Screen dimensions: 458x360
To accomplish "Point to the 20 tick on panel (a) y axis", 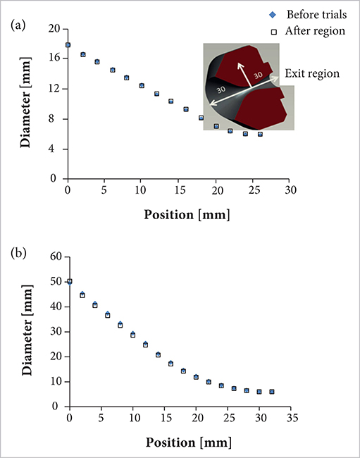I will pyautogui.click(x=56, y=29).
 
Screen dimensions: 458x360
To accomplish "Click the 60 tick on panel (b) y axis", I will pyautogui.click(x=56, y=256).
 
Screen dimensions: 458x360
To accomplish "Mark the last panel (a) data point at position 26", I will pyautogui.click(x=260, y=134).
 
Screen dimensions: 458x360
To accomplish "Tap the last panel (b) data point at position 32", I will pyautogui.click(x=272, y=392).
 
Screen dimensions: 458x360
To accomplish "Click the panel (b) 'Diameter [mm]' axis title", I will pyautogui.click(x=26, y=332).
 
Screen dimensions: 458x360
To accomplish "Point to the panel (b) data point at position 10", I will pyautogui.click(x=132, y=335).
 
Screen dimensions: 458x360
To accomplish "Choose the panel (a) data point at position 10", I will pyautogui.click(x=142, y=86).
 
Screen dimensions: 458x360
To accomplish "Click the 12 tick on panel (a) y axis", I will pyautogui.click(x=56, y=89).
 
